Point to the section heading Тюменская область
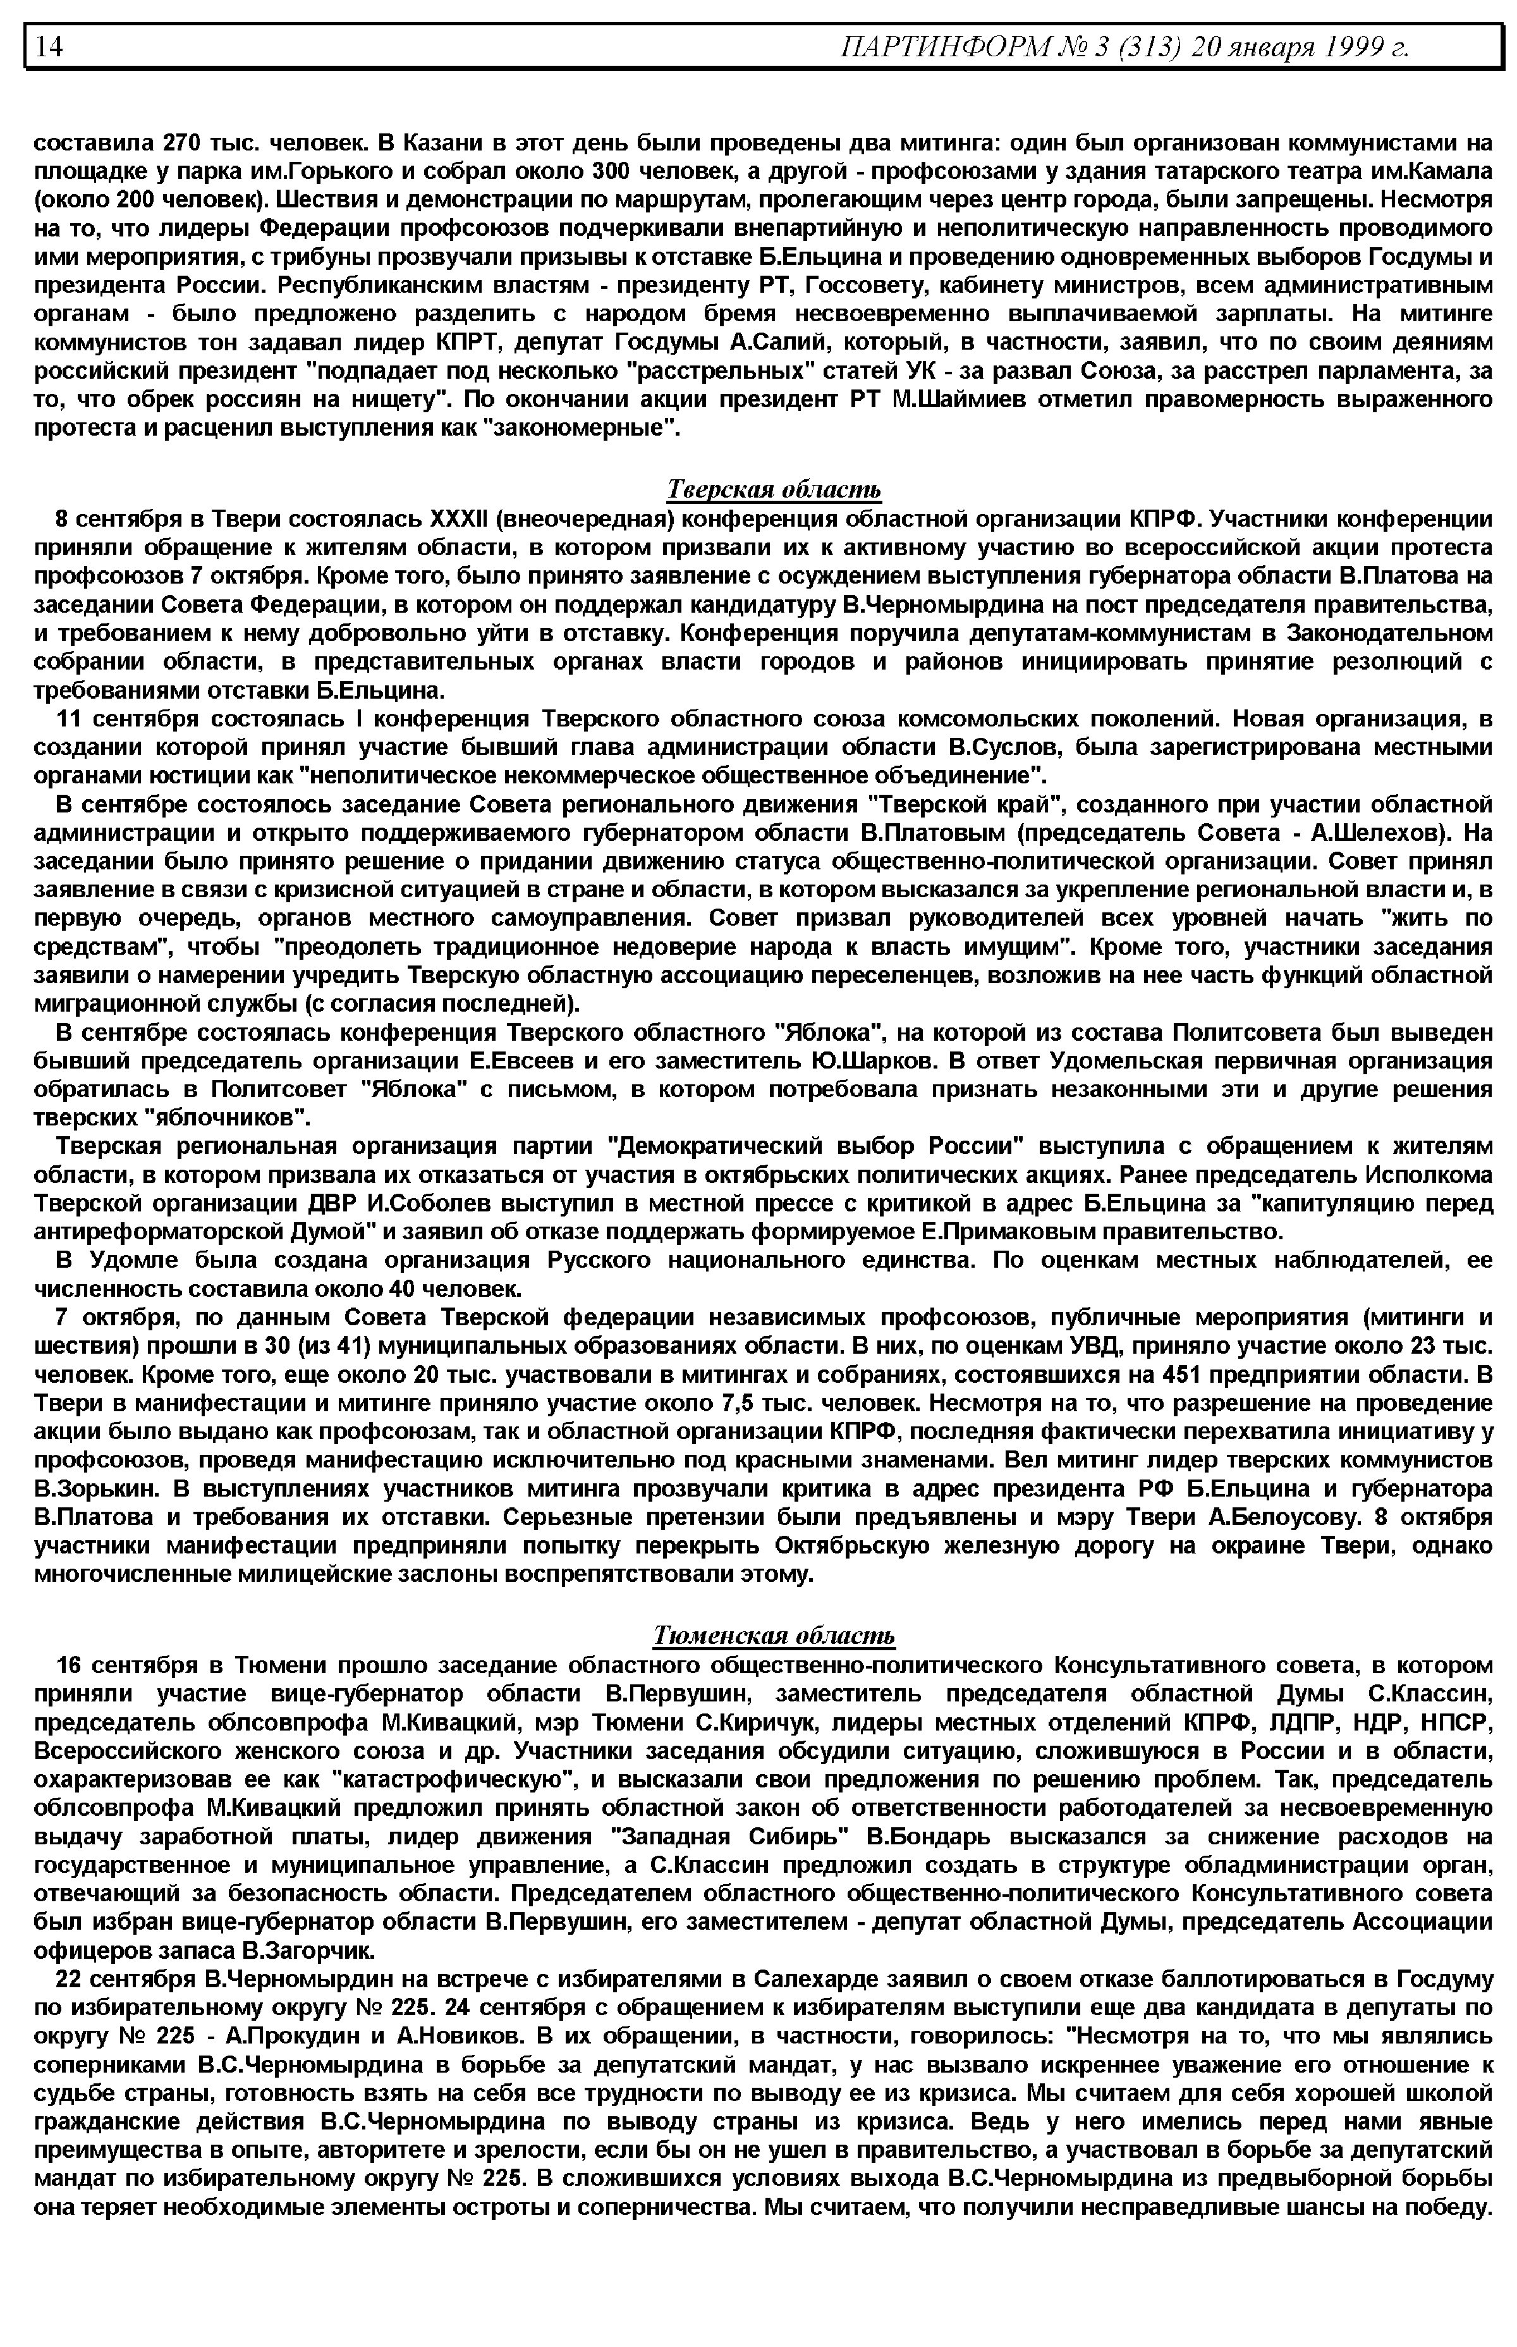pyautogui.click(x=774, y=1636)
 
